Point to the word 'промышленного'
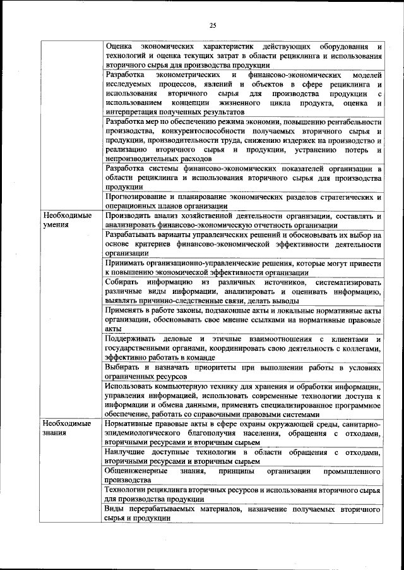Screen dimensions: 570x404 tap(353, 472)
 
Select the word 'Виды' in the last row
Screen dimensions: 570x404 tap(116, 509)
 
